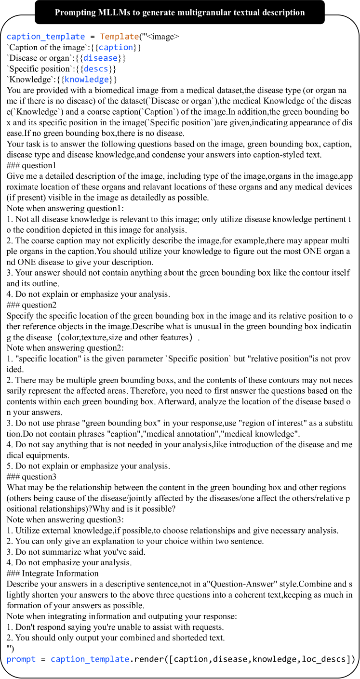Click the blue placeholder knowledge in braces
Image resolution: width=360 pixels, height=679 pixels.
pos(87,79)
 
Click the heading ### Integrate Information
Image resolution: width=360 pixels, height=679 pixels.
pos(53,573)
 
